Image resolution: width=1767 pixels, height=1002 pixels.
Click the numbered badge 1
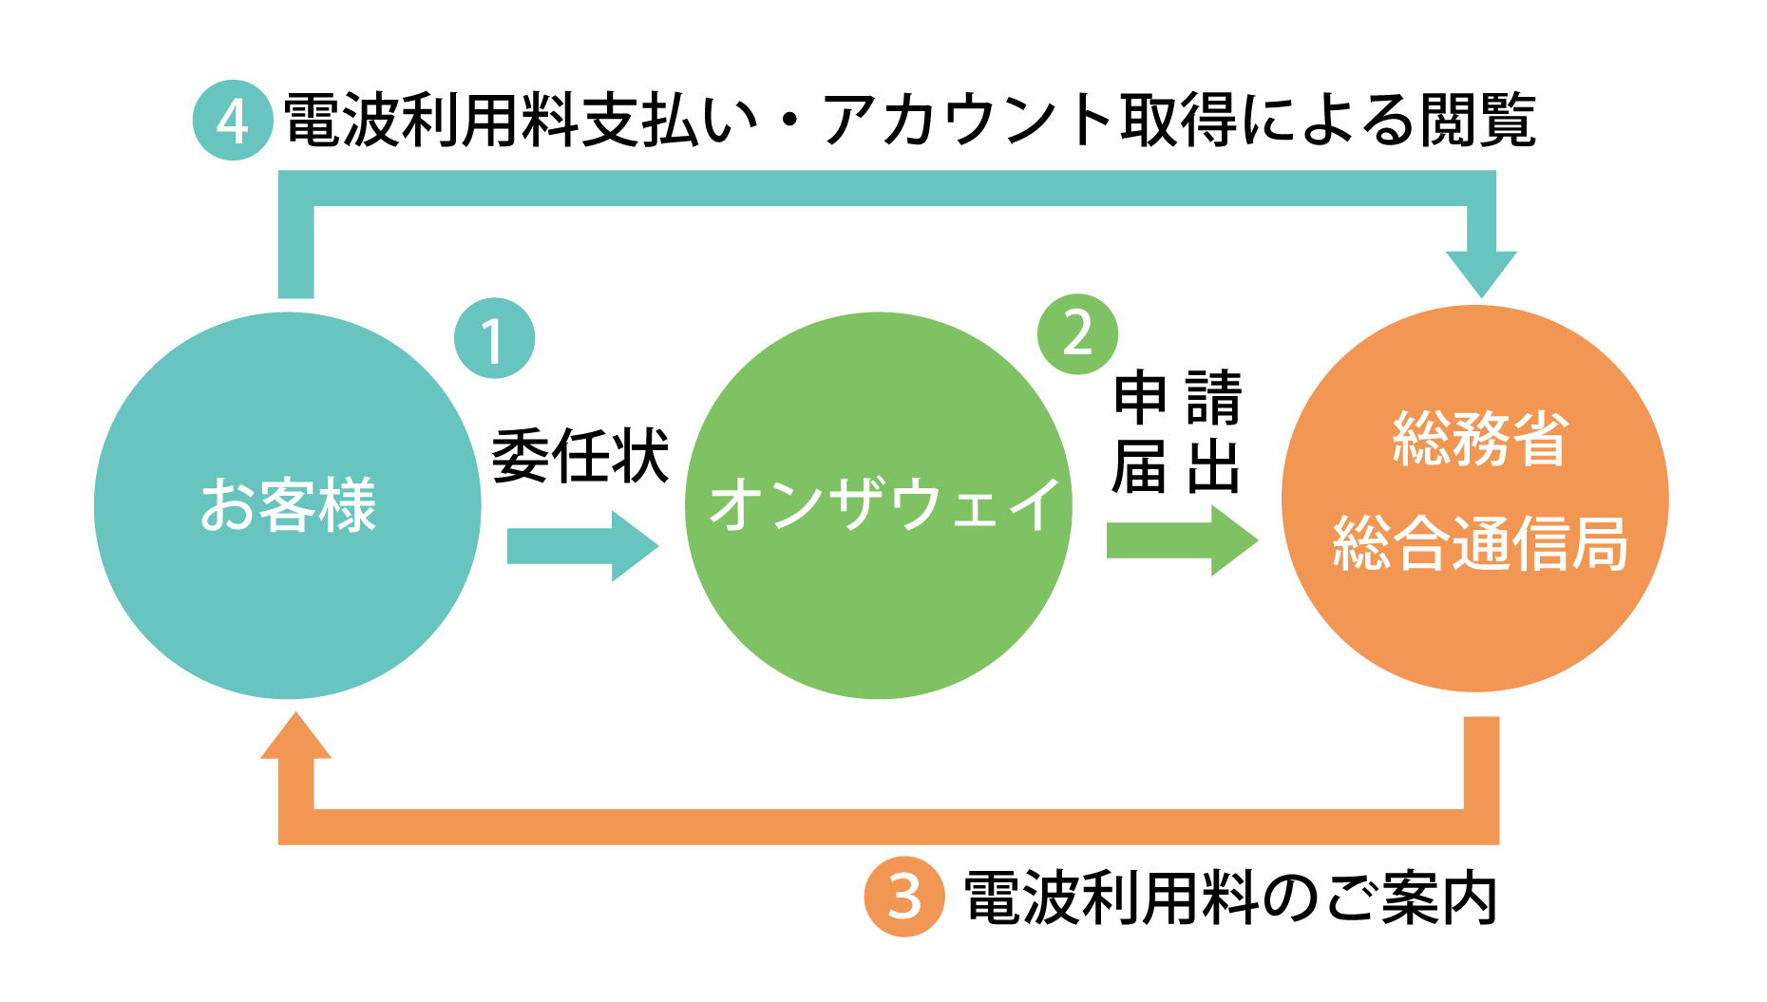coord(494,338)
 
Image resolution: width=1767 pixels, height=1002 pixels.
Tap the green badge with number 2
coord(1077,333)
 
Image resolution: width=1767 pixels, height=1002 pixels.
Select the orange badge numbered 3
coord(903,897)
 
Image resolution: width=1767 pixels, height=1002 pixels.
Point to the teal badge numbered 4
coord(233,121)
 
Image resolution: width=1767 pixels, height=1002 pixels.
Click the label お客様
coord(288,504)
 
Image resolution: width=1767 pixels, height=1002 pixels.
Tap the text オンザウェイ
coord(884,504)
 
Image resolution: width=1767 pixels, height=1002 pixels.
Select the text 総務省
coord(1479,439)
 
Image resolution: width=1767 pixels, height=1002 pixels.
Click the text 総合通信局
coord(1479,543)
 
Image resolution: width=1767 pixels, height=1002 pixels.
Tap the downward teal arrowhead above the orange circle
coord(1480,273)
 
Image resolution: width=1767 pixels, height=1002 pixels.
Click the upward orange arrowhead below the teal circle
coord(295,737)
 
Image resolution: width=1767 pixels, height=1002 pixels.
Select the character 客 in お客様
coord(288,504)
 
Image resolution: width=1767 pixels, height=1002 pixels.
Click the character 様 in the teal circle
coord(348,504)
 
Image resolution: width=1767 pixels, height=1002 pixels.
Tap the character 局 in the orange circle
coord(1599,543)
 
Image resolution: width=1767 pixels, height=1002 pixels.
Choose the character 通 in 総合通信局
coord(1479,543)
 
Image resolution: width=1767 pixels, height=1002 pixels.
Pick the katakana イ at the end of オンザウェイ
coord(1033,504)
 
